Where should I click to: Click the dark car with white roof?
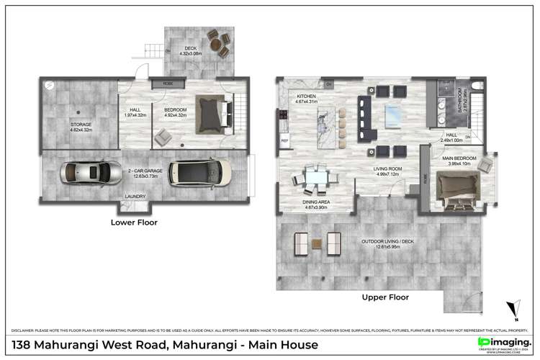coord(201,172)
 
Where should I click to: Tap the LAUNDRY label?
coord(135,196)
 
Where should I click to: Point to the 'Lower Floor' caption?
coord(135,222)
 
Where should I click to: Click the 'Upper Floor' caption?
coord(385,297)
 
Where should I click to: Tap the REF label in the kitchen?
coord(284,140)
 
